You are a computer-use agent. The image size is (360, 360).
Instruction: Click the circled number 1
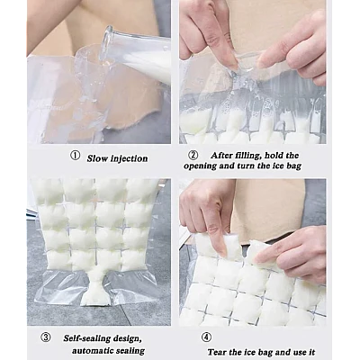76,156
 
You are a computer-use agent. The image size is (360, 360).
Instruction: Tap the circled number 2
193,155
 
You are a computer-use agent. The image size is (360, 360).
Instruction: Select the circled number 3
46,337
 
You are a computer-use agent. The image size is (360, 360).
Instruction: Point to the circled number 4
206,337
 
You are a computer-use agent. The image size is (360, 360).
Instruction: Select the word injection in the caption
130,158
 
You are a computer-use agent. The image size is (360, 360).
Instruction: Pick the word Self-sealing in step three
86,338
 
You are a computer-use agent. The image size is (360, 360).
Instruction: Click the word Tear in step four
218,352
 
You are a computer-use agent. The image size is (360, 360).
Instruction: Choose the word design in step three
126,338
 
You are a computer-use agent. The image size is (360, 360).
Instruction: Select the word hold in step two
274,156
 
